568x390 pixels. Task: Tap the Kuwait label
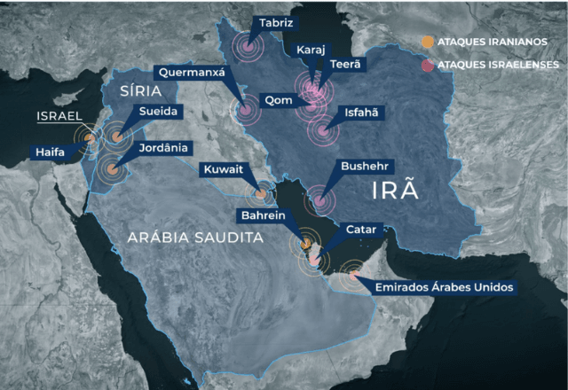223,168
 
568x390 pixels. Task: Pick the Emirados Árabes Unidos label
444,286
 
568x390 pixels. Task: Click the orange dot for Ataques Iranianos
427,42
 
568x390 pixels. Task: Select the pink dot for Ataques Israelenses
427,65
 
